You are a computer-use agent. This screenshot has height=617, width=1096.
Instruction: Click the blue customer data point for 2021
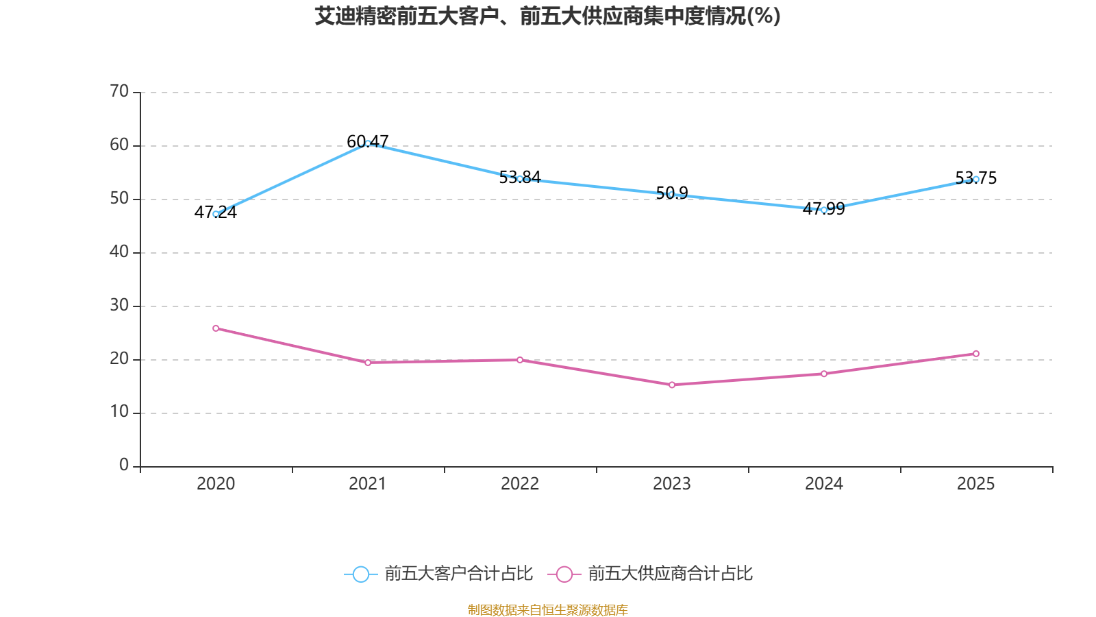pyautogui.click(x=368, y=143)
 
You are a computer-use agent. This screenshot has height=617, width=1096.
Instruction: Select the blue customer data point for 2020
pyautogui.click(x=216, y=214)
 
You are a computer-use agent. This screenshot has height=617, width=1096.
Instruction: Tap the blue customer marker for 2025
pyautogui.click(x=976, y=179)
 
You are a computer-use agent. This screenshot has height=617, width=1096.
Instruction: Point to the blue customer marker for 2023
pyautogui.click(x=672, y=194)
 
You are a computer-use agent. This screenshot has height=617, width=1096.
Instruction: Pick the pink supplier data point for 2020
pyautogui.click(x=216, y=328)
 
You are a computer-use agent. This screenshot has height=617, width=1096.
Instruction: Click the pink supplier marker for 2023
pyautogui.click(x=672, y=385)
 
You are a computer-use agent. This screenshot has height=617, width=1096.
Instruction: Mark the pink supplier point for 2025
pyautogui.click(x=976, y=354)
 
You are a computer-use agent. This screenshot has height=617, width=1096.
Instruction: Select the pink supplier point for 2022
pyautogui.click(x=520, y=360)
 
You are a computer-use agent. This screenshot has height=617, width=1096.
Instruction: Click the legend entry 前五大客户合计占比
pyautogui.click(x=458, y=574)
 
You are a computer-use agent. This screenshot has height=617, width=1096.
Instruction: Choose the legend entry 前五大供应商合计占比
pyautogui.click(x=670, y=574)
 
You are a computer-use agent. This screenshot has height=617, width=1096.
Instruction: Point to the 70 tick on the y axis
pyautogui.click(x=119, y=92)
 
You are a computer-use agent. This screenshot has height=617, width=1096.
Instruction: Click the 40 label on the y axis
pyautogui.click(x=119, y=252)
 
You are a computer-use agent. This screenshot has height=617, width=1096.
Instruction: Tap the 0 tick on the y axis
pyautogui.click(x=124, y=465)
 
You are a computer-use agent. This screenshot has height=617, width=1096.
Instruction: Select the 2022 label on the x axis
pyautogui.click(x=520, y=484)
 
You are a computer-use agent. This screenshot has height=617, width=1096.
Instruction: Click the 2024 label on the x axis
pyautogui.click(x=824, y=484)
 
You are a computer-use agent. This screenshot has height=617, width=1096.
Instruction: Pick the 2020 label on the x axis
pyautogui.click(x=216, y=484)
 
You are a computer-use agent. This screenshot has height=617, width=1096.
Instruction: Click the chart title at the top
pyautogui.click(x=547, y=16)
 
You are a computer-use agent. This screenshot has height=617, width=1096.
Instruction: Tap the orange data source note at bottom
pyautogui.click(x=547, y=609)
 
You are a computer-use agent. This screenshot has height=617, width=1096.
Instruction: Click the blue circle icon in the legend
pyautogui.click(x=361, y=574)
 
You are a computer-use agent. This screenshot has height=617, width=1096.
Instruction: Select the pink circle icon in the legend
pyautogui.click(x=564, y=574)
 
